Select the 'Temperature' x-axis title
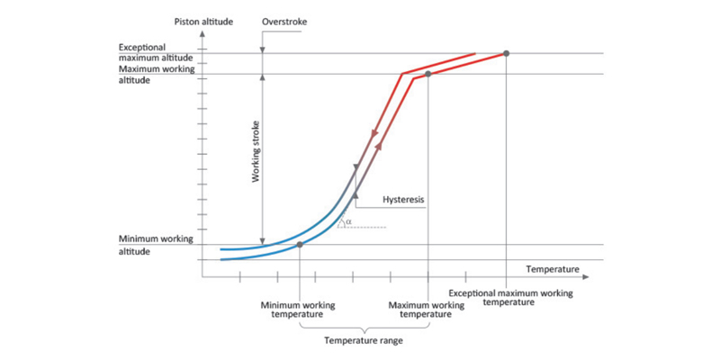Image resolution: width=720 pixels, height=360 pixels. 553,269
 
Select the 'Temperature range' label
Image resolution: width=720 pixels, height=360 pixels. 364,341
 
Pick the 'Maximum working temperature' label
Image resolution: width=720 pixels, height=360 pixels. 427,310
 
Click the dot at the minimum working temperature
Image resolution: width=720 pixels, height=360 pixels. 300,245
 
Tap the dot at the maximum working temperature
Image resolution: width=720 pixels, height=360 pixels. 427,74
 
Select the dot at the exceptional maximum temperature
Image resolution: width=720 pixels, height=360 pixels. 507,53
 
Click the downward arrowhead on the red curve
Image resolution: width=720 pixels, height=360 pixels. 371,135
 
